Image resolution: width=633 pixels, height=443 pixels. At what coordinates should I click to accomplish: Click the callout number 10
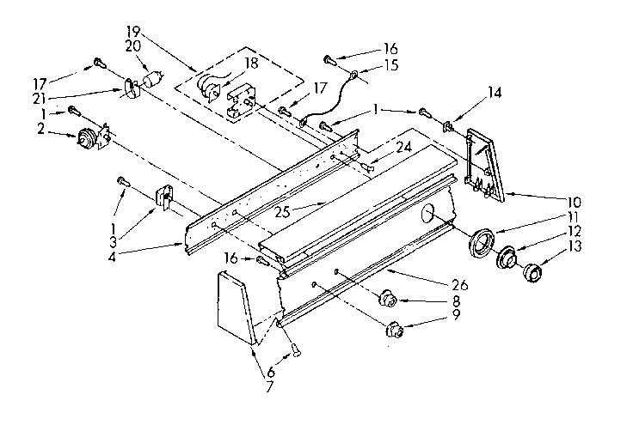pos(575,203)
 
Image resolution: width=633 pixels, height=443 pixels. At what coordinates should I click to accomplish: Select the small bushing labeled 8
pos(388,299)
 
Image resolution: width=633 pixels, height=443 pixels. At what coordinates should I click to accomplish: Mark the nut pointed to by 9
pos(396,327)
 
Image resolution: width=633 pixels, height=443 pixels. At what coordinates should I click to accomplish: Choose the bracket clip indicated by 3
pos(161,199)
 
